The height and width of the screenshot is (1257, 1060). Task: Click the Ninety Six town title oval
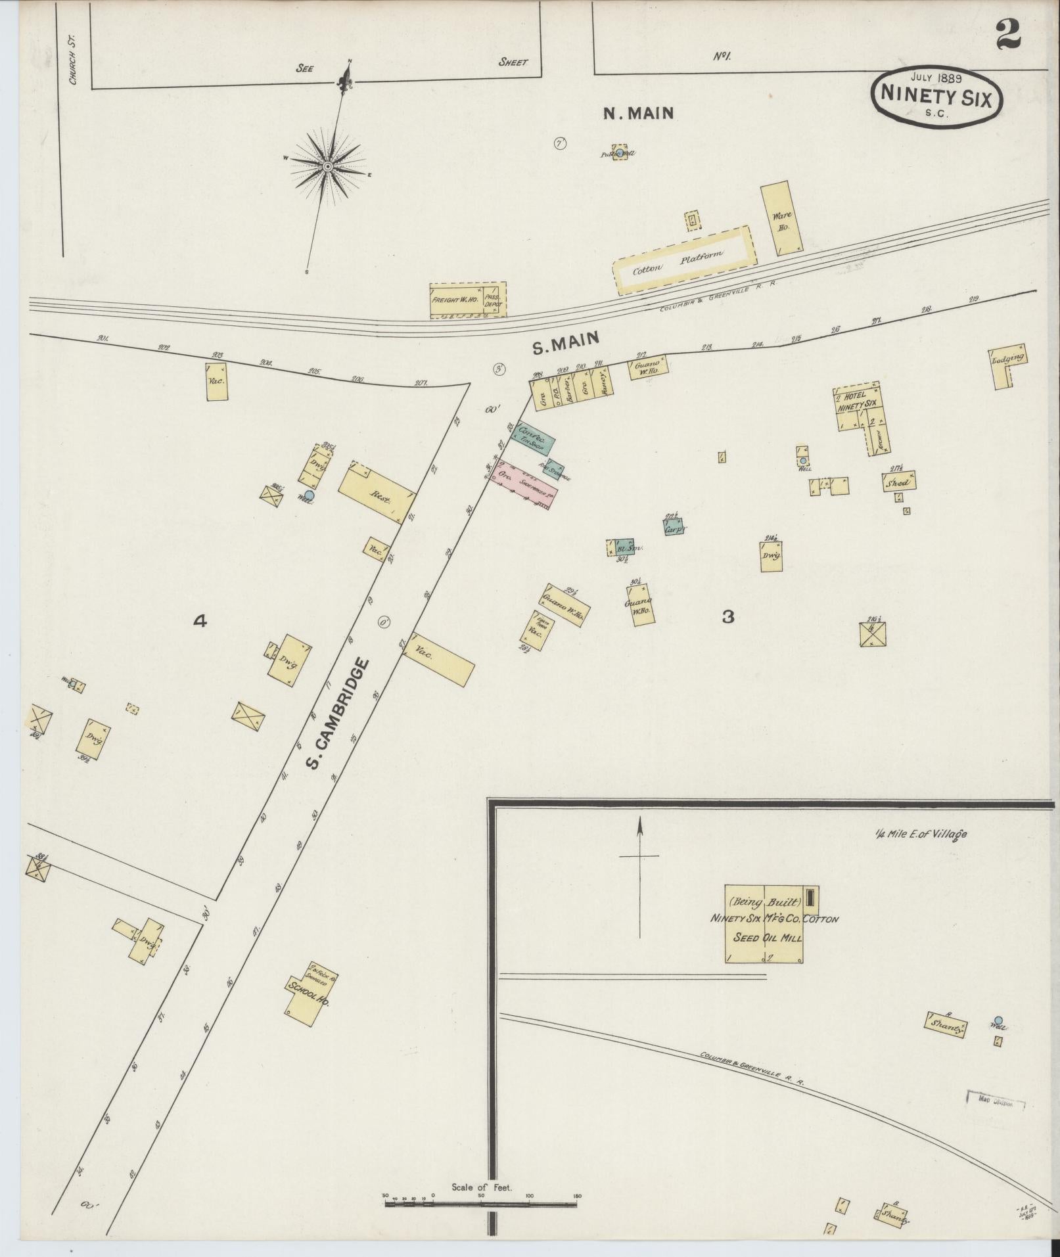(937, 96)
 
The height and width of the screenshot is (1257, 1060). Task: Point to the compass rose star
(327, 167)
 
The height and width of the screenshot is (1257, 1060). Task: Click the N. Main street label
(639, 114)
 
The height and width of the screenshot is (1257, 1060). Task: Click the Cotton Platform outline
(681, 261)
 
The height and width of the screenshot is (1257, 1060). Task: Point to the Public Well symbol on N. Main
(618, 152)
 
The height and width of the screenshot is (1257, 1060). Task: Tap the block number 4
(200, 620)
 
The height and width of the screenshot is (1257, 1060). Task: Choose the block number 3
(727, 616)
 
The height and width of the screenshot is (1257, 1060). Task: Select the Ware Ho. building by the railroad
(781, 219)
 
